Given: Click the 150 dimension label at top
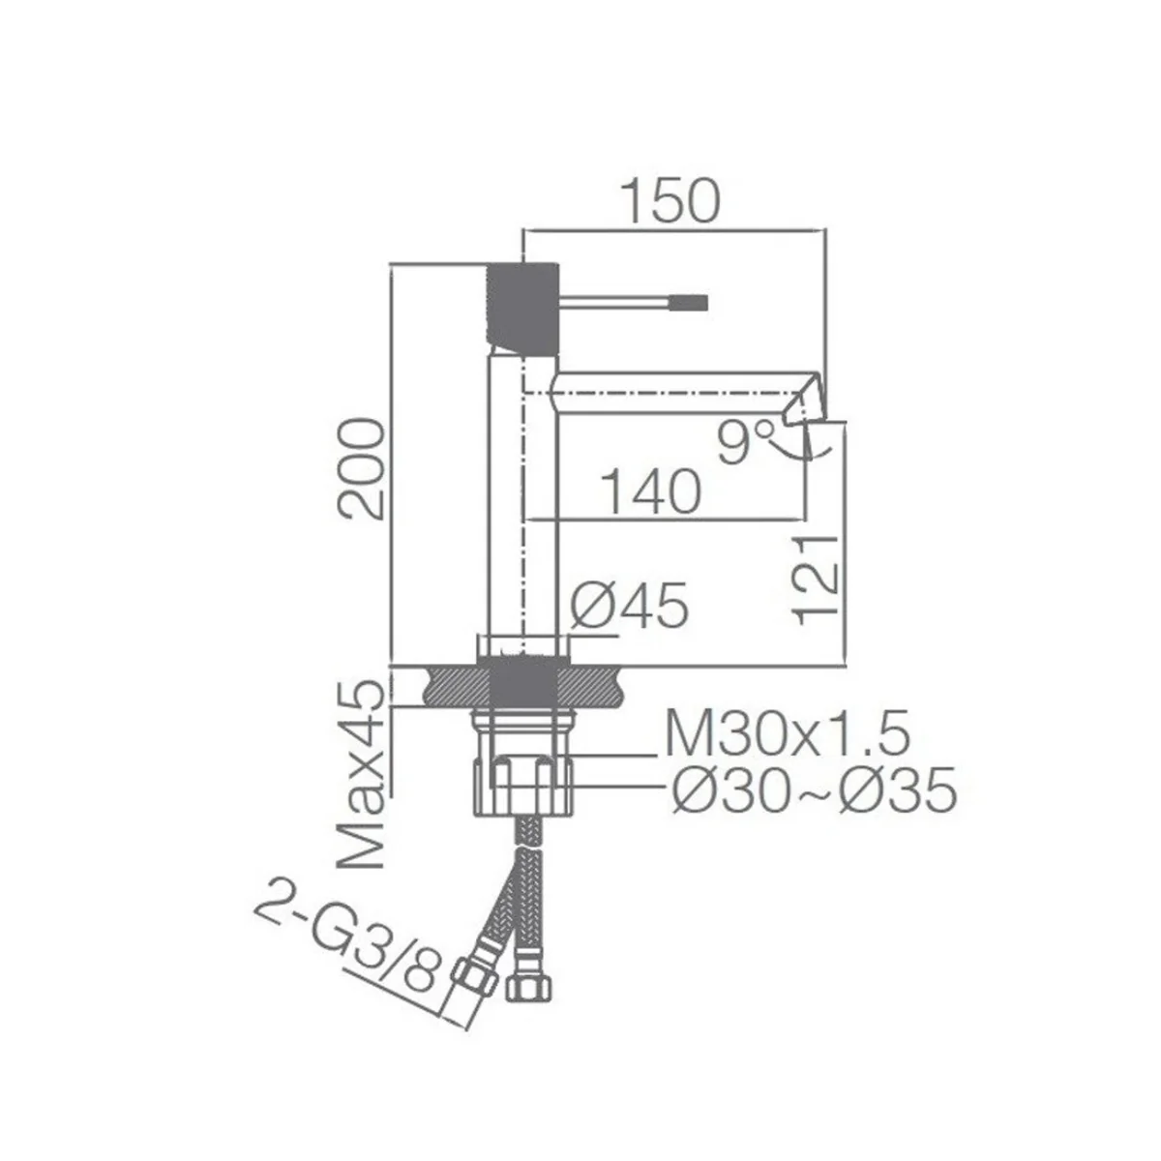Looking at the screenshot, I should (x=670, y=201).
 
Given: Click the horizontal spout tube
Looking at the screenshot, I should (x=668, y=393).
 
